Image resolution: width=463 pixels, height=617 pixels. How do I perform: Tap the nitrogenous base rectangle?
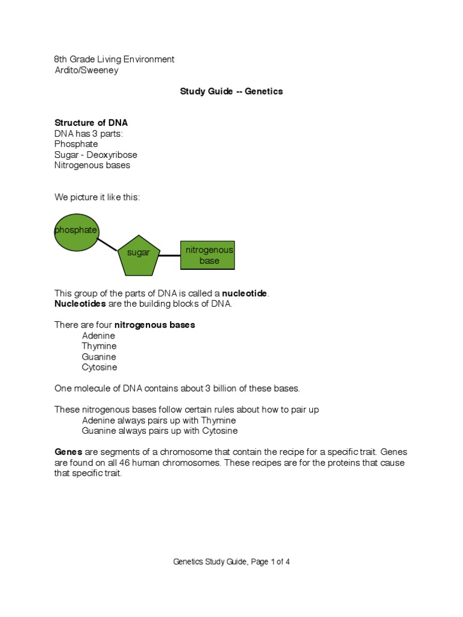pyautogui.click(x=207, y=255)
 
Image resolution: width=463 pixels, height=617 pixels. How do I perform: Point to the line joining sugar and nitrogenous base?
pyautogui.click(x=170, y=255)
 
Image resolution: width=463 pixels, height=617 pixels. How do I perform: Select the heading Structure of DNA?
pyautogui.click(x=91, y=123)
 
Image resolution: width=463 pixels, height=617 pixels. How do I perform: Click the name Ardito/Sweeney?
pyautogui.click(x=86, y=70)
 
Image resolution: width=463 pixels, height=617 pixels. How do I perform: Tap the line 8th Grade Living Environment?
pyautogui.click(x=114, y=60)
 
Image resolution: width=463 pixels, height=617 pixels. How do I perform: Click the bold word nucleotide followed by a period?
pyautogui.click(x=245, y=293)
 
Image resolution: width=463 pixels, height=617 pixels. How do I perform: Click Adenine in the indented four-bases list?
pyautogui.click(x=98, y=336)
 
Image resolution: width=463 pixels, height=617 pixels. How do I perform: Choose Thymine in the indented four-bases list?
pyautogui.click(x=99, y=346)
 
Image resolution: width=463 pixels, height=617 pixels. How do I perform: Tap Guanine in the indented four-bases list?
pyautogui.click(x=99, y=357)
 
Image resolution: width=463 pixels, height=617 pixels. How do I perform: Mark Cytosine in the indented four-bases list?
pyautogui.click(x=99, y=368)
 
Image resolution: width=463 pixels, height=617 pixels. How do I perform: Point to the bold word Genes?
pyautogui.click(x=68, y=452)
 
